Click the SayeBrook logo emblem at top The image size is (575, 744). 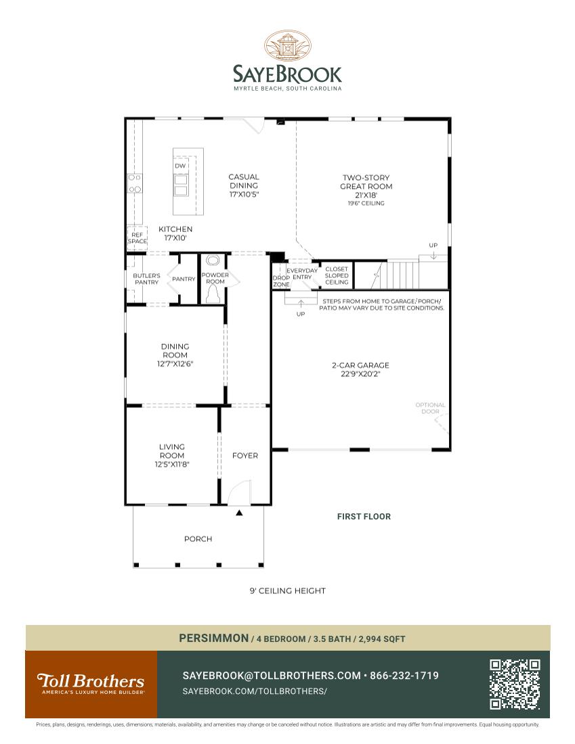pyautogui.click(x=288, y=47)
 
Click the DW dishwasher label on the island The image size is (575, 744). pyautogui.click(x=180, y=166)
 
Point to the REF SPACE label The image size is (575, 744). pyautogui.click(x=137, y=238)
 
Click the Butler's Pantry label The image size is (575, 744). pyautogui.click(x=146, y=279)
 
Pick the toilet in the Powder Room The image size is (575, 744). pyautogui.click(x=213, y=294)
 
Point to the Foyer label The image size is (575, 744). pyautogui.click(x=245, y=455)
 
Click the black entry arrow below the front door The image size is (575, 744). pyautogui.click(x=239, y=513)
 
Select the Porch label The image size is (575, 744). pyautogui.click(x=198, y=539)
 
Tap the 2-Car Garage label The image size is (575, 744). pyautogui.click(x=360, y=365)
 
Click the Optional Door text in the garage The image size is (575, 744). pyautogui.click(x=431, y=409)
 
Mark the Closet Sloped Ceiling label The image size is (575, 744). pyautogui.click(x=337, y=276)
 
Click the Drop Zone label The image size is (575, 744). pyautogui.click(x=281, y=281)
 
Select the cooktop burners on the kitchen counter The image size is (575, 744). pyautogui.click(x=135, y=183)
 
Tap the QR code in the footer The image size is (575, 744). pyautogui.click(x=515, y=684)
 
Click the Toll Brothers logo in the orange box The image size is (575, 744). pyautogui.click(x=91, y=683)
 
